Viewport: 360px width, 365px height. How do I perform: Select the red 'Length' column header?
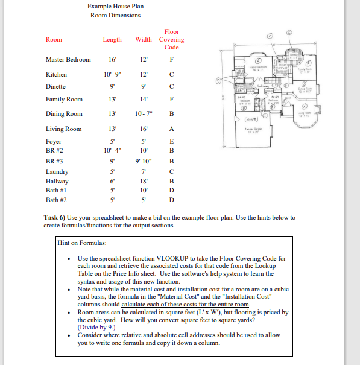[112, 40]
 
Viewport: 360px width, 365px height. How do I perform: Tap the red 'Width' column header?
[144, 40]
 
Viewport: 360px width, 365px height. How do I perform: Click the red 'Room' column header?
[54, 40]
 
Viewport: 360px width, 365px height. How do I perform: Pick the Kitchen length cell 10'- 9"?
[112, 74]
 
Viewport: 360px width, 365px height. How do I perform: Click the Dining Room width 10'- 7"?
[144, 114]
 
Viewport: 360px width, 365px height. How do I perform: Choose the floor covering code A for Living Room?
[172, 129]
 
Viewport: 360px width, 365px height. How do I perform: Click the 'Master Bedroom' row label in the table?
[68, 60]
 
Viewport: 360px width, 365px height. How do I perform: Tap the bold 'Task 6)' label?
[55, 217]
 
